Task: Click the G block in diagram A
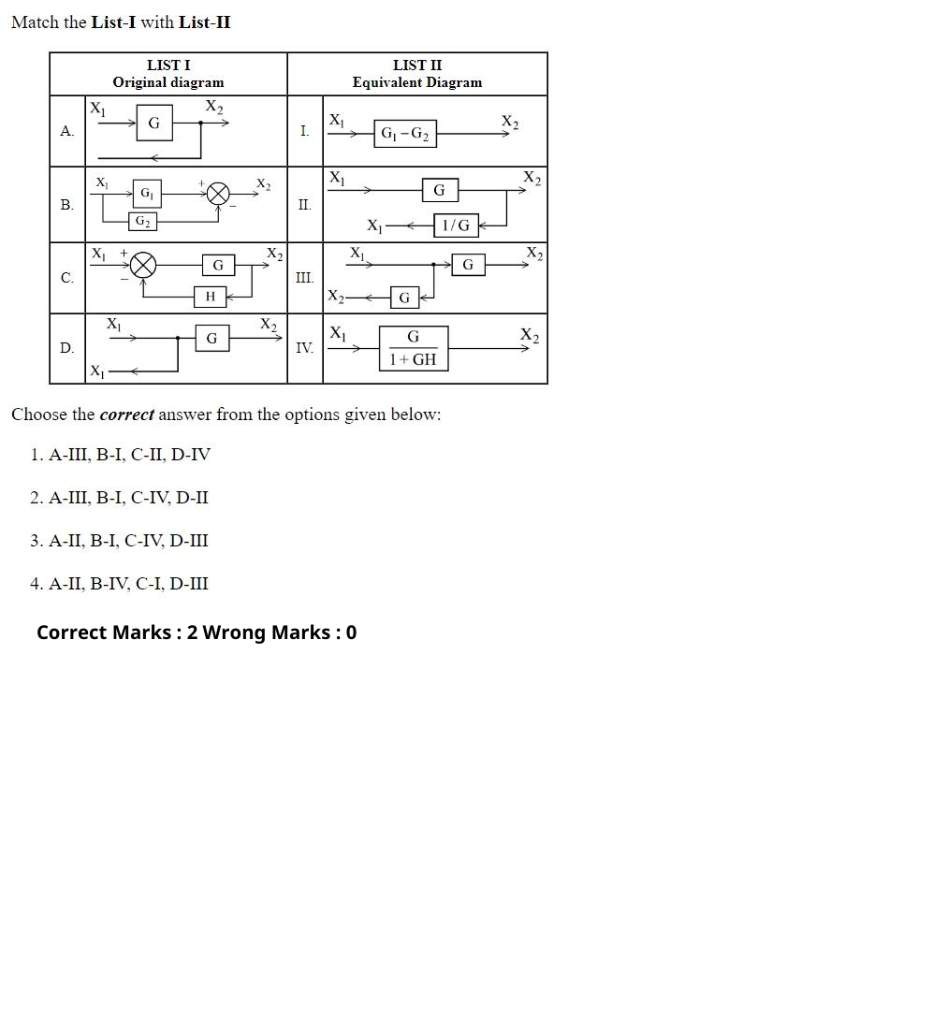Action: [154, 123]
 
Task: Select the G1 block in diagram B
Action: [147, 194]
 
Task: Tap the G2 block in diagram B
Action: [142, 222]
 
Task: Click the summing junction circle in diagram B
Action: [218, 194]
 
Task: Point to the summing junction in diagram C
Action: [143, 266]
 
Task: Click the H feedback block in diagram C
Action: [211, 297]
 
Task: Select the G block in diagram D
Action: [212, 339]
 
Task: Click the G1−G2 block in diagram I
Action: [405, 134]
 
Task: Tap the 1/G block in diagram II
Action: [456, 225]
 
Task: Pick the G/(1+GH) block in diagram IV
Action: [414, 349]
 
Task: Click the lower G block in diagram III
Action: [404, 298]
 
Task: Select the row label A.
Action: [66, 131]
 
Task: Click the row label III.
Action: [305, 278]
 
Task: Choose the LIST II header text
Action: [417, 65]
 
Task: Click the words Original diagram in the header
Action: [168, 82]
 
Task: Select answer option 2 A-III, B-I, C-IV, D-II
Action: [119, 498]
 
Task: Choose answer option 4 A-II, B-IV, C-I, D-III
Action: [119, 584]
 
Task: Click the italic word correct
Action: [126, 414]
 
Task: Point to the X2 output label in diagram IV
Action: [530, 335]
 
